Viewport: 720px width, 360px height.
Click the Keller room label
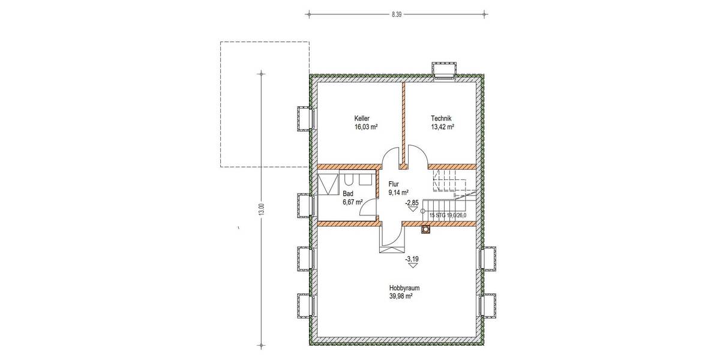tap(362, 119)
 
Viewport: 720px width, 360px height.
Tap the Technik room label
tap(440, 119)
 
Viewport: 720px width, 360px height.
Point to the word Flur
tap(394, 185)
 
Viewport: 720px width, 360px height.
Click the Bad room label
tap(347, 194)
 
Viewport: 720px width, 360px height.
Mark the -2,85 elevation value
tap(412, 203)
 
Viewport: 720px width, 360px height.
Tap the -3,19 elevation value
tap(412, 259)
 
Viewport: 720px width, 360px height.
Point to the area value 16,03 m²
tap(366, 127)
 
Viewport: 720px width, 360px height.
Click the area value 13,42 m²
tap(442, 127)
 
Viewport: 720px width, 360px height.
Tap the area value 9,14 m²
tap(398, 193)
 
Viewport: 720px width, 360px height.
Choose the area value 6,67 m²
tap(352, 202)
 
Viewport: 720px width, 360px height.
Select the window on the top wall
tap(445, 70)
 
